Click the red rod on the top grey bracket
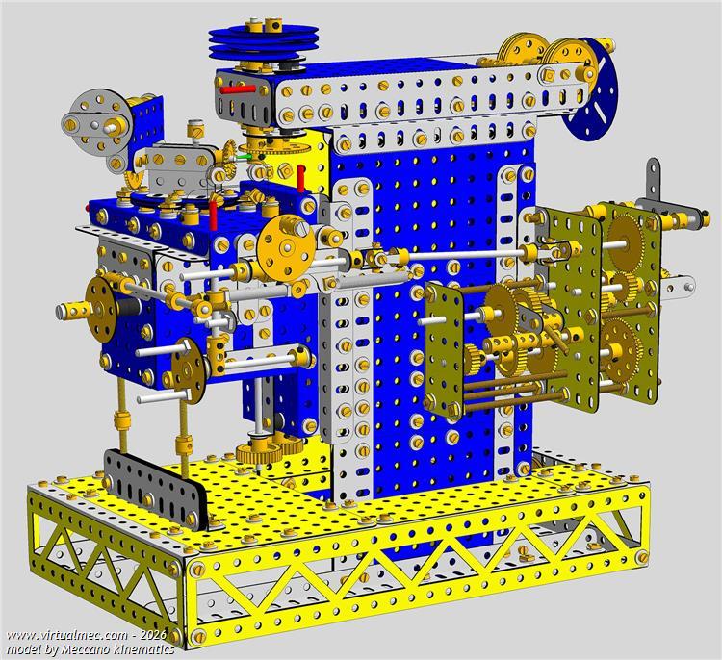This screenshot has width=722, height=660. click(238, 89)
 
